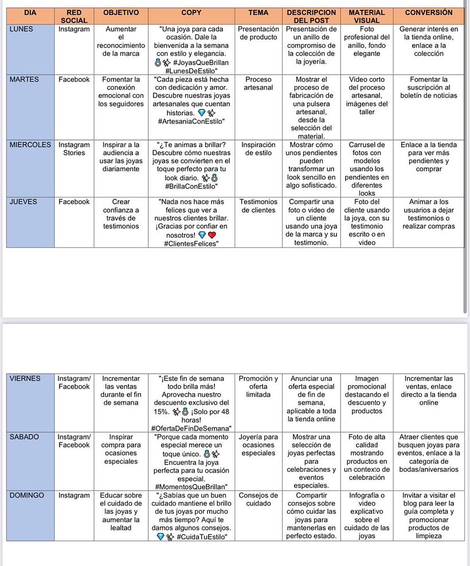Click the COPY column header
[191, 12]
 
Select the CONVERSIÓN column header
[428, 12]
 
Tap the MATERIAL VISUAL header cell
[367, 16]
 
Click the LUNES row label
[22, 29]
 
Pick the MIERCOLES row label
[30, 145]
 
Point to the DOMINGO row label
[27, 495]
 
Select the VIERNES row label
[25, 379]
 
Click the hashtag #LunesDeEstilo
[191, 71]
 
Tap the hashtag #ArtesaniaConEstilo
[191, 121]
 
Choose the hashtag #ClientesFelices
[191, 243]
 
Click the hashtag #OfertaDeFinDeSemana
[191, 428]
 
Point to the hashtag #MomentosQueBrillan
[191, 487]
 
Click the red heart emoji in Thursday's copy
[211, 235]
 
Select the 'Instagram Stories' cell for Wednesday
[74, 149]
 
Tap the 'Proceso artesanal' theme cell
[258, 84]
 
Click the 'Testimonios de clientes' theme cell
[258, 206]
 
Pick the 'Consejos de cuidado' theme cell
[258, 499]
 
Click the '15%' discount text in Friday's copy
[161, 412]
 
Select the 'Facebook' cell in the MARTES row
[74, 80]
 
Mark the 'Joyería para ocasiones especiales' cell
[258, 445]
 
